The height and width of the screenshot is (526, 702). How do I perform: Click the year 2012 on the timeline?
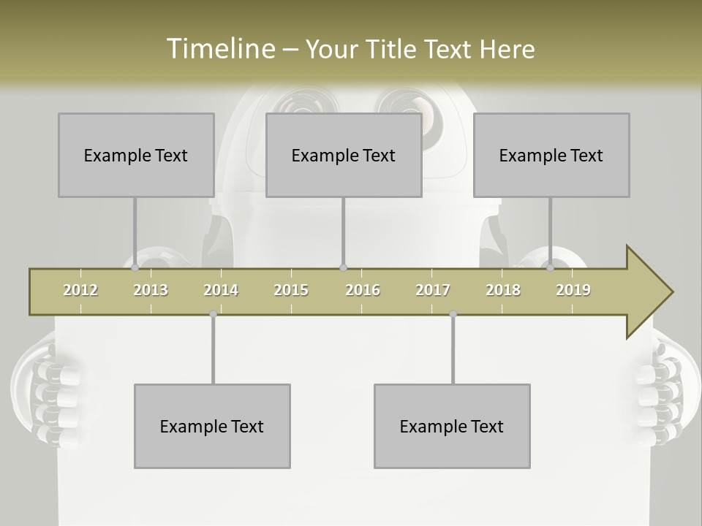80,290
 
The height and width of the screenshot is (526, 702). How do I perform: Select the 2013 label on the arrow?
151,290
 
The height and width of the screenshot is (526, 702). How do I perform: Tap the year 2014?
221,290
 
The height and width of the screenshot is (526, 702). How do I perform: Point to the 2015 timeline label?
291,290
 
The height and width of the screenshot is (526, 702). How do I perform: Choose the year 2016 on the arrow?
363,290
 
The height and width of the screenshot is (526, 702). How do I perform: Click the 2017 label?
433,290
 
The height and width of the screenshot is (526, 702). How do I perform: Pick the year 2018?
503,290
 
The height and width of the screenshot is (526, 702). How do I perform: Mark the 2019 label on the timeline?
573,290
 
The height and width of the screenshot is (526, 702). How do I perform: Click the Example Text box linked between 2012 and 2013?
136,155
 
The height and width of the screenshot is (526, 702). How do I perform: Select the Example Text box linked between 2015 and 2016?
344,155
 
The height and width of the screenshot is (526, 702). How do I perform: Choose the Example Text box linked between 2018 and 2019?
551,155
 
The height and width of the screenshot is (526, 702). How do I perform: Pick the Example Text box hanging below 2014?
212,426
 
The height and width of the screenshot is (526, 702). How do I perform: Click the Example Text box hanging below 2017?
452,426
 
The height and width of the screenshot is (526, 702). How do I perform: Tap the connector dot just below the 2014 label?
213,314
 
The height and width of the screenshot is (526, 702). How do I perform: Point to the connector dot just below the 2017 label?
453,314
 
